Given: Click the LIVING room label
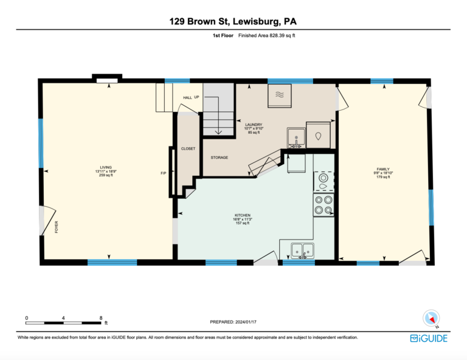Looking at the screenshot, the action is click(x=106, y=167).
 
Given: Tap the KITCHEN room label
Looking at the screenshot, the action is click(x=243, y=215).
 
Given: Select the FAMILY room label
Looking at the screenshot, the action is click(x=383, y=169).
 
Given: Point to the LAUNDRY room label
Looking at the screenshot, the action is click(x=254, y=125).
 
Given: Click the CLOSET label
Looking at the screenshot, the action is click(x=189, y=148).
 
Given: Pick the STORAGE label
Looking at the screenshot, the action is click(x=220, y=157).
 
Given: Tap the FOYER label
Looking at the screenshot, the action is click(x=57, y=227).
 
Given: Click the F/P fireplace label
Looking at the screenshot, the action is click(x=164, y=173).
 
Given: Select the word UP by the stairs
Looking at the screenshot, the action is click(x=196, y=97).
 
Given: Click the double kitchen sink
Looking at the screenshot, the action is click(x=303, y=251).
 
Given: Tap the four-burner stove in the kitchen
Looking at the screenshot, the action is click(x=323, y=205).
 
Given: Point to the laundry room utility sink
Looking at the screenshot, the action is click(x=296, y=138).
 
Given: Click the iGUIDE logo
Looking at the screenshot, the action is click(x=429, y=339).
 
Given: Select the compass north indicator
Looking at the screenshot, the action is click(x=431, y=318).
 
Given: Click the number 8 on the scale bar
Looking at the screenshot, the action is click(x=101, y=318).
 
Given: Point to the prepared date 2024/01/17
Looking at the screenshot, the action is click(x=246, y=322).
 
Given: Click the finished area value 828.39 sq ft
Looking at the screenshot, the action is click(x=282, y=35).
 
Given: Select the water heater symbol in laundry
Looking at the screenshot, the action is click(x=318, y=135).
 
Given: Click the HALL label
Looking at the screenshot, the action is click(x=188, y=98).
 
